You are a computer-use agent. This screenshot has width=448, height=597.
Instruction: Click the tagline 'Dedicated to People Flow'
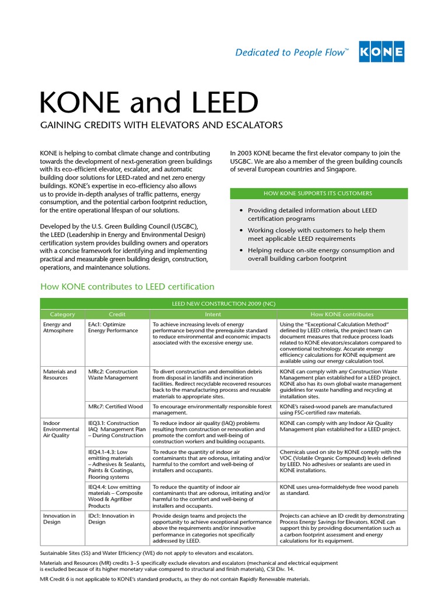pyautogui.click(x=292, y=53)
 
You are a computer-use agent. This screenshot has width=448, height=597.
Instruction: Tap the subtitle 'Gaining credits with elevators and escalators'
pyautogui.click(x=161, y=125)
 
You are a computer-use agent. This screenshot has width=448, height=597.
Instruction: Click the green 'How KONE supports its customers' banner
pyautogui.click(x=318, y=193)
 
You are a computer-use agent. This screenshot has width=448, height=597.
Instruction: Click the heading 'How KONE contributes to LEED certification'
pyautogui.click(x=127, y=286)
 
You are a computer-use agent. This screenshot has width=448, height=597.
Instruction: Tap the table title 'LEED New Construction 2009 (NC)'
pyautogui.click(x=224, y=304)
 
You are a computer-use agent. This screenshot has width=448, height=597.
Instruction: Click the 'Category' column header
pyautogui.click(x=62, y=314)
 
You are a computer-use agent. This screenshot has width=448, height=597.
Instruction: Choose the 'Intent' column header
pyautogui.click(x=212, y=314)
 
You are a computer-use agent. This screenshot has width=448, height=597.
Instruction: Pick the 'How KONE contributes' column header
pyautogui.click(x=342, y=314)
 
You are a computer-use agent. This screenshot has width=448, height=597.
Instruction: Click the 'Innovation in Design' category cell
pyautogui.click(x=60, y=519)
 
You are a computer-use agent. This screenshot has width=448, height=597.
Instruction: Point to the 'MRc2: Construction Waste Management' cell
pyautogui.click(x=113, y=374)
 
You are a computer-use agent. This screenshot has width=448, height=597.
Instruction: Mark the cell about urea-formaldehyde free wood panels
pyautogui.click(x=342, y=490)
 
